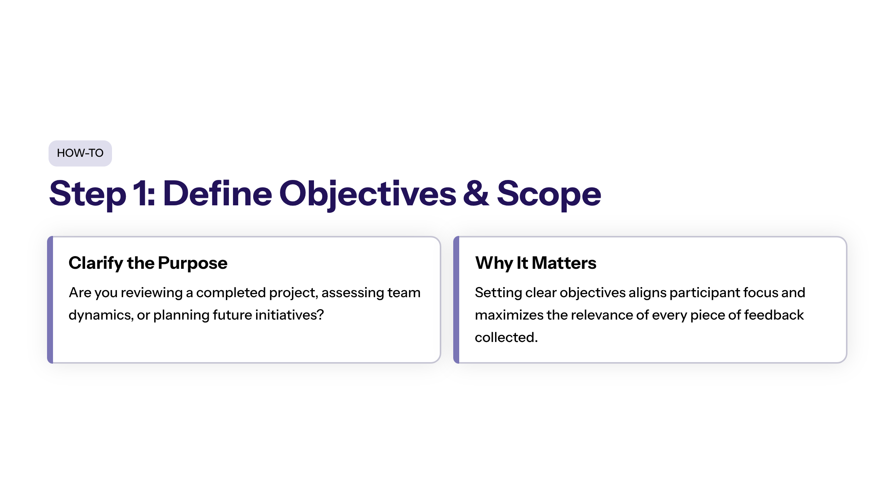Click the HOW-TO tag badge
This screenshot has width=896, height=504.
coord(80,153)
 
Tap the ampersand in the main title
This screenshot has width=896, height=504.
coord(476,193)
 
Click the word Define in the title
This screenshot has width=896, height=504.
coord(218,193)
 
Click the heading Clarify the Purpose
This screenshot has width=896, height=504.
coord(148,263)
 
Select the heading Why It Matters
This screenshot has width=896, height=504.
coord(536,263)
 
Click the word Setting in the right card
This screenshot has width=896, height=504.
coord(498,293)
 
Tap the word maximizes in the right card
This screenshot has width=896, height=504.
coord(509,315)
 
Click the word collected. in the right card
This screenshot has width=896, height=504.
coord(506,337)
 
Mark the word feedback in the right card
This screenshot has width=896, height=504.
coord(774,315)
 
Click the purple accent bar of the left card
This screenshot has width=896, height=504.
coord(50,300)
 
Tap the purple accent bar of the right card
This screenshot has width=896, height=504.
coord(456,300)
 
